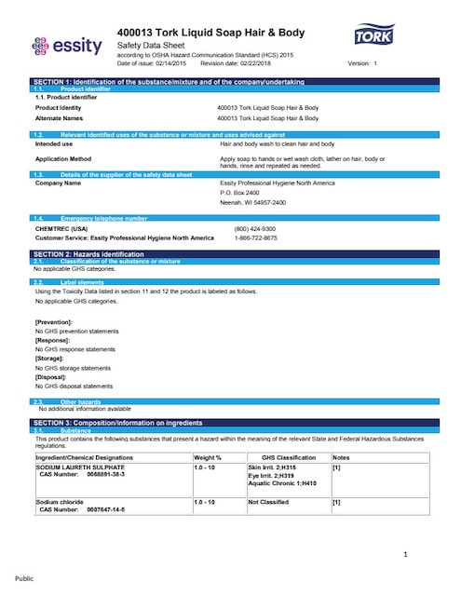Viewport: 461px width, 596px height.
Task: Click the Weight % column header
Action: [x=208, y=458]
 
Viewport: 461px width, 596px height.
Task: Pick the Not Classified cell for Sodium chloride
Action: [x=269, y=502]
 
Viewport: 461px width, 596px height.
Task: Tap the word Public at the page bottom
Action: [x=23, y=577]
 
